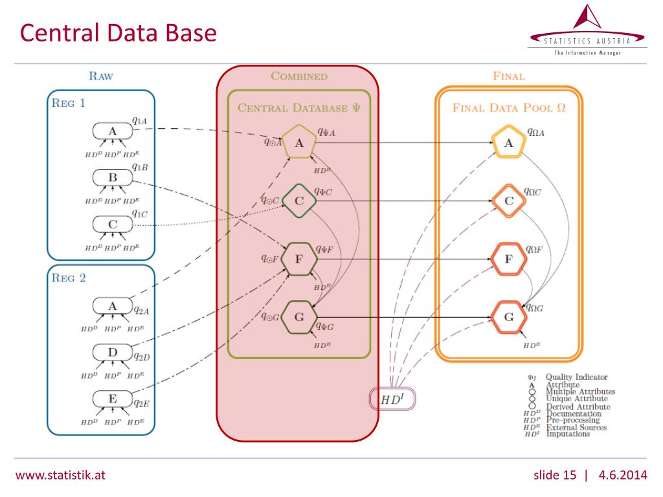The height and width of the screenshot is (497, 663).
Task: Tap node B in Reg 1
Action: point(113,177)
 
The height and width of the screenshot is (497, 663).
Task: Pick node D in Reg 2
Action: point(113,353)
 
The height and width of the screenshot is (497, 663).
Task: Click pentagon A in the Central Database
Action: point(298,143)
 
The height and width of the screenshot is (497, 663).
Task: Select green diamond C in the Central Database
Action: point(298,201)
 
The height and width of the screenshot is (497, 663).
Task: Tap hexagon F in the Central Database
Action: point(298,260)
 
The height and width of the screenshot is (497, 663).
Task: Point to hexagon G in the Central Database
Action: point(298,318)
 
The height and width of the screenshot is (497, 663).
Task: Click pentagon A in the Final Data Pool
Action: point(509,143)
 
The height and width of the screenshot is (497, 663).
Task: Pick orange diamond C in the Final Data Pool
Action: point(509,201)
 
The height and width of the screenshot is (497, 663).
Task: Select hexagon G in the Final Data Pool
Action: point(509,318)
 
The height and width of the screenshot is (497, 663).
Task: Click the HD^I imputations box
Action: point(392,399)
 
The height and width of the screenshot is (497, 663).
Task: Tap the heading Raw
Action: point(100,76)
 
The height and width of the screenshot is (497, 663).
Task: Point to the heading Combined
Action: point(298,76)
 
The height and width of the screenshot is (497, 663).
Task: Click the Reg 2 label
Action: point(69,279)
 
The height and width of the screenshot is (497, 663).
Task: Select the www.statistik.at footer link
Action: point(60,476)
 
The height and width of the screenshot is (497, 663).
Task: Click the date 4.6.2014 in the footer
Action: point(622,476)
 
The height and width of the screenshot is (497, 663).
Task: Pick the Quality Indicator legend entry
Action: point(577,377)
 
